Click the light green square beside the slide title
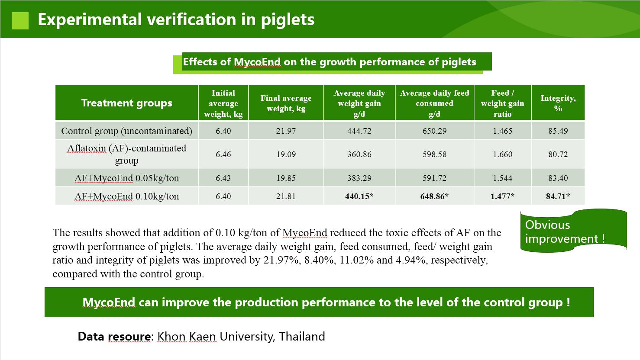[x=20, y=21]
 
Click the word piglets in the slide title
[x=288, y=20]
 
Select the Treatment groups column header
[x=126, y=103]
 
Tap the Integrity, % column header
[x=558, y=103]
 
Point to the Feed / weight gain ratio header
[x=503, y=103]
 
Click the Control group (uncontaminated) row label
[x=126, y=131]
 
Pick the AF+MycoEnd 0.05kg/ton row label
[x=126, y=178]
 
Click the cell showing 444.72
[x=359, y=131]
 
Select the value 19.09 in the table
[x=286, y=154]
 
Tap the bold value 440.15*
[x=359, y=196]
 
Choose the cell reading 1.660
[x=503, y=154]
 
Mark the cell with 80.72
[x=558, y=154]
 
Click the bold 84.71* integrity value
[x=558, y=196]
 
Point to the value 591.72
[x=434, y=178]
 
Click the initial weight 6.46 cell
[x=223, y=154]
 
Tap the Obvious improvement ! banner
[x=573, y=231]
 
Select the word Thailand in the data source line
[x=302, y=336]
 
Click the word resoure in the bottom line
[x=129, y=337]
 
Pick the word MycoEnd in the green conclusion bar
[x=109, y=302]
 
